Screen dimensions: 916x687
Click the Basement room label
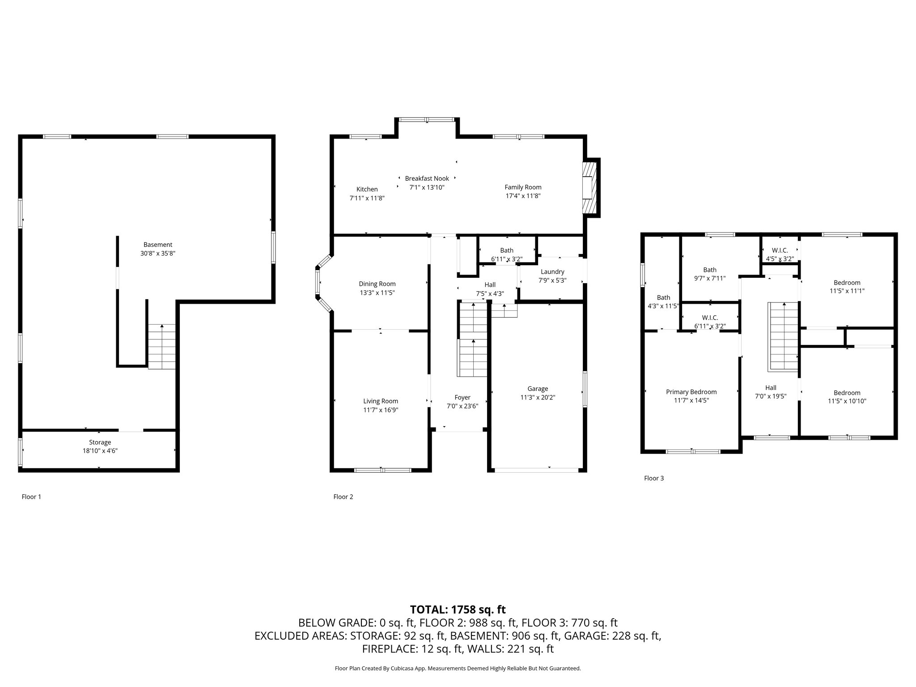(x=157, y=245)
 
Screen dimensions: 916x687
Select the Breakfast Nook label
(x=427, y=178)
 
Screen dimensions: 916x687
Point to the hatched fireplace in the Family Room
(x=590, y=187)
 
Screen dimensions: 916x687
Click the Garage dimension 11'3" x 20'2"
(x=538, y=397)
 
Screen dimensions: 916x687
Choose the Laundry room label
(x=552, y=272)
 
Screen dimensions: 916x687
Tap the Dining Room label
(x=377, y=284)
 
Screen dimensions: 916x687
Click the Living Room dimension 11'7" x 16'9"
(x=380, y=410)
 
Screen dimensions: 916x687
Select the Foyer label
(x=462, y=398)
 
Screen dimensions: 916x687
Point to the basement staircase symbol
(x=161, y=346)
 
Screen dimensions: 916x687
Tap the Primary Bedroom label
(x=691, y=392)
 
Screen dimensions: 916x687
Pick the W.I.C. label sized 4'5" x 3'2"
(x=780, y=250)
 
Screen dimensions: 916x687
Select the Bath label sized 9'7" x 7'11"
(x=710, y=270)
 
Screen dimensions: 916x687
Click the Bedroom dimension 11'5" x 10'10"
(x=847, y=401)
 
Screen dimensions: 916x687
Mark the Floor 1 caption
(x=31, y=496)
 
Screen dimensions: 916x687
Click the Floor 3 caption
(x=654, y=478)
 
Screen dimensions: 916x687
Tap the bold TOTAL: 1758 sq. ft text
(x=458, y=609)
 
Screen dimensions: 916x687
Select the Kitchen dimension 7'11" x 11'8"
(x=367, y=198)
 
